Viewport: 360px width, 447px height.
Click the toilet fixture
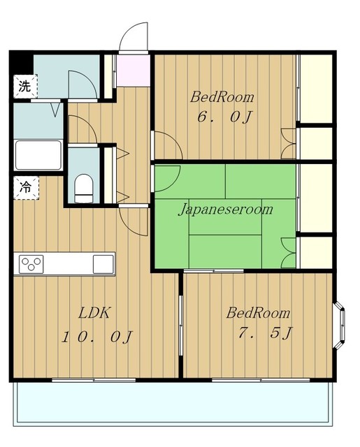tap(84, 188)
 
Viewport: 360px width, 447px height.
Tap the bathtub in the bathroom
tap(38, 155)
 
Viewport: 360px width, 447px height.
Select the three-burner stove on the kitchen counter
tap(31, 264)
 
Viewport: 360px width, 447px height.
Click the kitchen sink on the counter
tap(103, 264)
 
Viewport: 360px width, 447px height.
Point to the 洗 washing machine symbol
tap(25, 87)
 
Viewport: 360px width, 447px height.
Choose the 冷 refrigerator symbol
tap(26, 188)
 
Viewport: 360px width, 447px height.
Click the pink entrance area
tap(134, 70)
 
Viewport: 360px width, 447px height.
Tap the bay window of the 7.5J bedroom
tap(340, 325)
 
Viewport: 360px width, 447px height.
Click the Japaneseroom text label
tap(225, 210)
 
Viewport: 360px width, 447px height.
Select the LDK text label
tap(94, 313)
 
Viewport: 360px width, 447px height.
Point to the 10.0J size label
tap(97, 337)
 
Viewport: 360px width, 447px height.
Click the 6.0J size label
tap(225, 117)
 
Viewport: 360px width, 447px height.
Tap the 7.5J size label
tap(266, 332)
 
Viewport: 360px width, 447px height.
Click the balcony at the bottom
tap(173, 404)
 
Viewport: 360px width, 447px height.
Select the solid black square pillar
tap(22, 63)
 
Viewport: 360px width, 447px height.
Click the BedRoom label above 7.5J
tap(258, 313)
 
